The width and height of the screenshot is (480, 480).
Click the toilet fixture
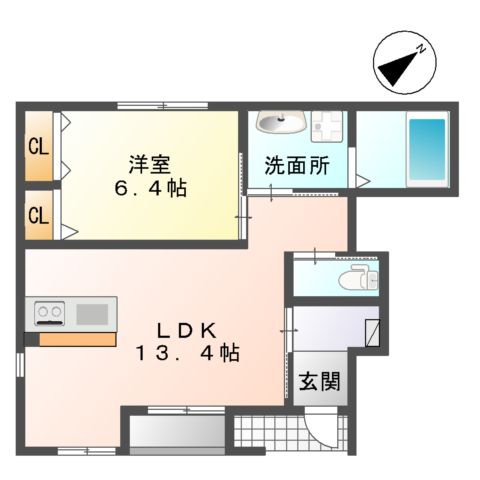354,278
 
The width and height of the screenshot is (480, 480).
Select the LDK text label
188,330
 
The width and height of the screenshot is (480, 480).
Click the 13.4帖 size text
188,353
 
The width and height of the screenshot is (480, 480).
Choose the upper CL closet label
38,149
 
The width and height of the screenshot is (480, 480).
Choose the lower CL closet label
38,214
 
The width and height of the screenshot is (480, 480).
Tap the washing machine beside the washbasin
326,126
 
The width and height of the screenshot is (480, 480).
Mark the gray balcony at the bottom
177,432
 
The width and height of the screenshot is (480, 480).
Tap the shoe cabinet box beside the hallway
372,331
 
